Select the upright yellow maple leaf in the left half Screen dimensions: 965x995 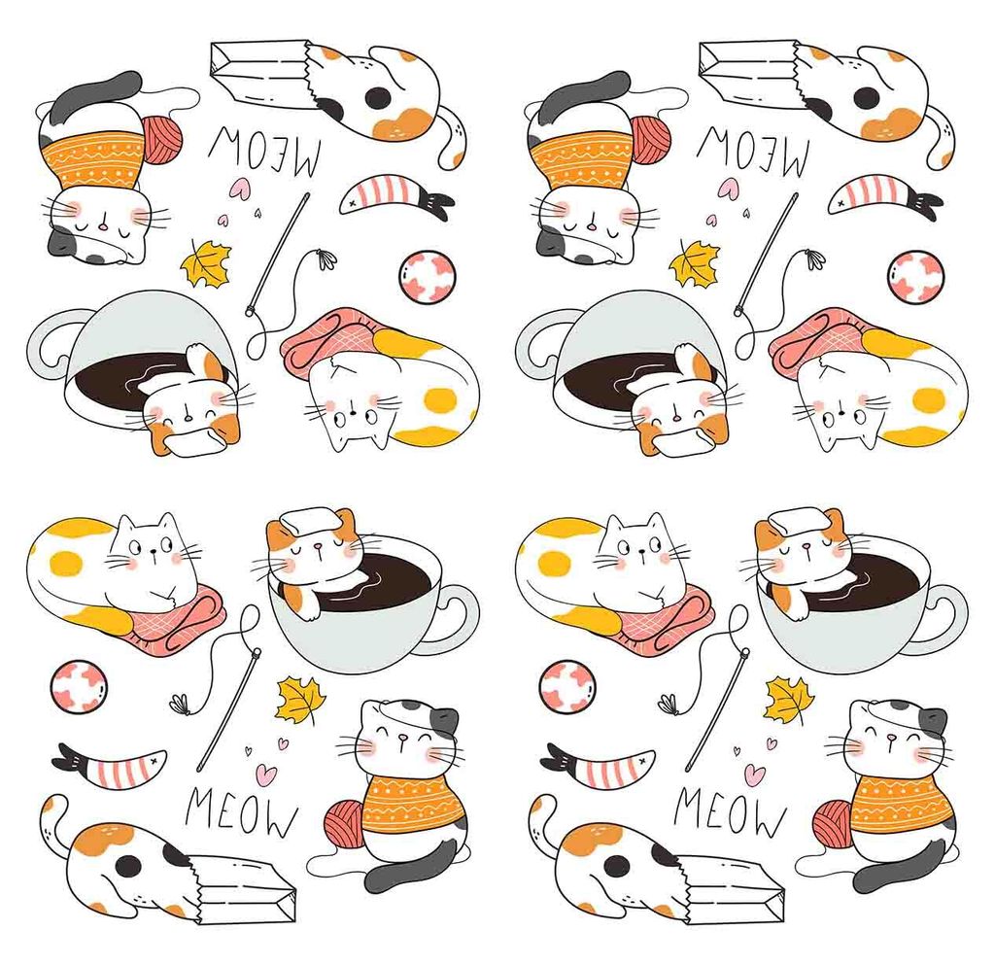pos(300,701)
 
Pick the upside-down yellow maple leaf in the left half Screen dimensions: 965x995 pos(206,262)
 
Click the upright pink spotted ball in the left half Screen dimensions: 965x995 pos(78,686)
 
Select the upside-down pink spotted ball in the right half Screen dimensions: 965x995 pos(914,277)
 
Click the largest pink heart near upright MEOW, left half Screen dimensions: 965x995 pos(266,774)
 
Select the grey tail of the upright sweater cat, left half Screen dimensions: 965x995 pos(408,866)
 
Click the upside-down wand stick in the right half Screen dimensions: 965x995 pos(768,253)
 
